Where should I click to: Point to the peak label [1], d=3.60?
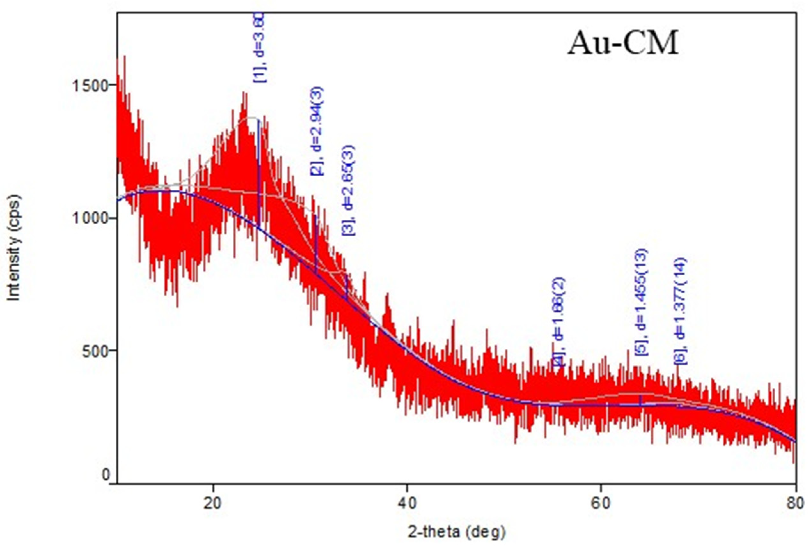260,47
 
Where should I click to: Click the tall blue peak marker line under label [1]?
259,174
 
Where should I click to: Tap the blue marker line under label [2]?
316,244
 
